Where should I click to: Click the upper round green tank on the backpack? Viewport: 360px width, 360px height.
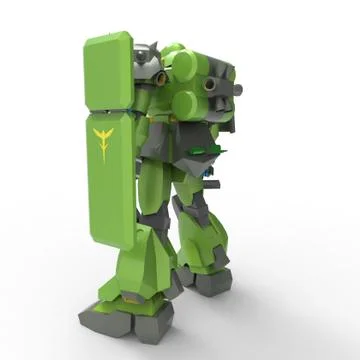pos(184,66)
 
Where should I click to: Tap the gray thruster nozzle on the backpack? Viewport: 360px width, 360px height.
pos(212,87)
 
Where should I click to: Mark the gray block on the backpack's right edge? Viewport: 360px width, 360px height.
pos(227,115)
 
